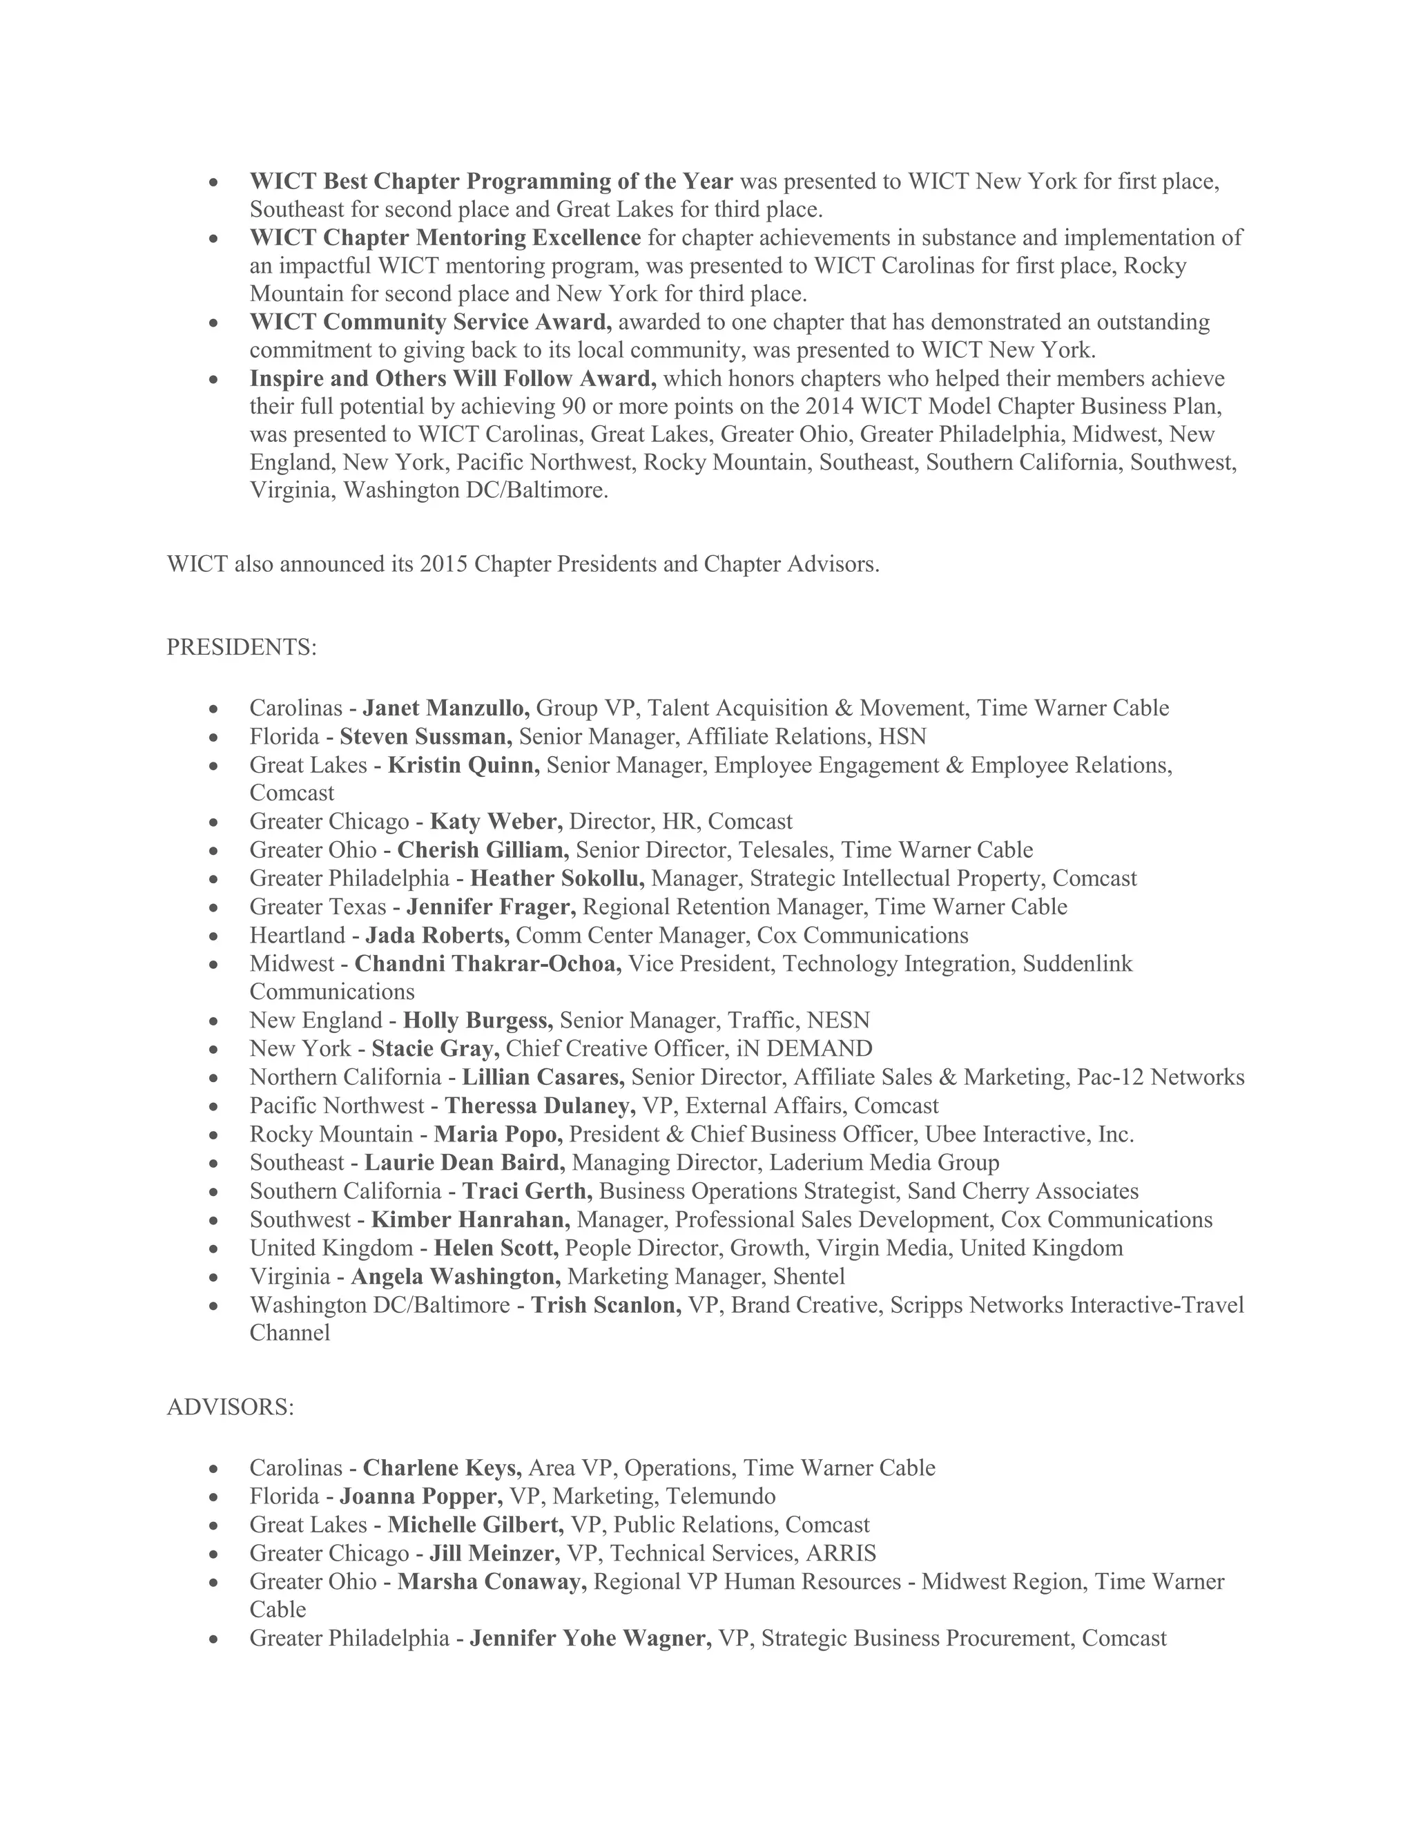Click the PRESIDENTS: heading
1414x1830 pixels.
tap(241, 648)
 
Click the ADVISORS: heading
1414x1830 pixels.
tap(231, 1407)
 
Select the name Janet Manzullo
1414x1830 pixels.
tap(445, 708)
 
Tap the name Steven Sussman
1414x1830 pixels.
tap(425, 737)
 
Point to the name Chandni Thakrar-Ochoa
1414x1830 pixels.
tap(487, 963)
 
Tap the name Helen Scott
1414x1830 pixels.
tap(496, 1248)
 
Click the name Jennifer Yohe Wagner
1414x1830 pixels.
tap(590, 1638)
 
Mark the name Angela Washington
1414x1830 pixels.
tap(456, 1276)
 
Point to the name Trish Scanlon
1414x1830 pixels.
tap(606, 1304)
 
